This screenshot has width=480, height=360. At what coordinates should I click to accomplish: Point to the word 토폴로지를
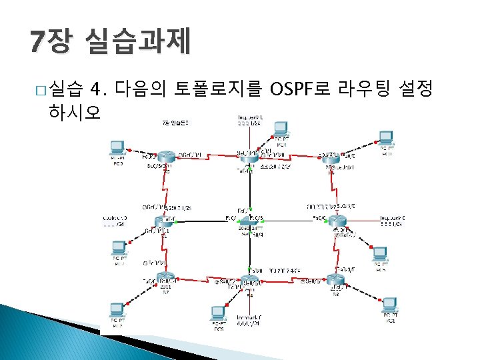(x=219, y=87)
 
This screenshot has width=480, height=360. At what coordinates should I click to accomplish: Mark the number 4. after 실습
(x=99, y=87)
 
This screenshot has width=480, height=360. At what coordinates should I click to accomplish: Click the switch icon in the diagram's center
(x=248, y=219)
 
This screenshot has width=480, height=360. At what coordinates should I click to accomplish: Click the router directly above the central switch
(x=248, y=155)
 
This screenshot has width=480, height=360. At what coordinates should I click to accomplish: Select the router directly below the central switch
(x=248, y=280)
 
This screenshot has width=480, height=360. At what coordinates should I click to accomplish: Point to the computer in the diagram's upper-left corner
(x=119, y=149)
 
